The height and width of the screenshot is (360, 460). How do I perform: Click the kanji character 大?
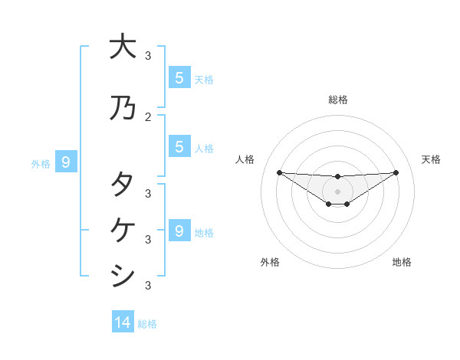tap(122, 47)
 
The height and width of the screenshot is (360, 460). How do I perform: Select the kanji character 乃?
tap(122, 108)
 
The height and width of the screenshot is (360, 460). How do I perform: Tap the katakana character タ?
tap(122, 185)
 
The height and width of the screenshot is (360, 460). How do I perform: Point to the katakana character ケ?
tap(122, 230)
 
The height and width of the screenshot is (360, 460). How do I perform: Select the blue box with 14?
tap(123, 322)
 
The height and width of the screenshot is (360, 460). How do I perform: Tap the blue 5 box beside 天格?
tap(179, 77)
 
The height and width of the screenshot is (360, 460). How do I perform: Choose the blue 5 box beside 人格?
tap(179, 146)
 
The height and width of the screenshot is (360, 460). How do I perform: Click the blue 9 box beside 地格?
tap(179, 231)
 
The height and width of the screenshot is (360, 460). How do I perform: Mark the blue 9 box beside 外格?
tap(66, 162)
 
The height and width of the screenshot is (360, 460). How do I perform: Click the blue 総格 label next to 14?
tap(147, 324)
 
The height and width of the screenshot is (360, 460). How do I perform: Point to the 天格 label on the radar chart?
tap(432, 159)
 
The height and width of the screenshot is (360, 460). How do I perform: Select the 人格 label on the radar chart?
tap(245, 159)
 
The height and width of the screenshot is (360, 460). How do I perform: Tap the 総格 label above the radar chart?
tap(338, 100)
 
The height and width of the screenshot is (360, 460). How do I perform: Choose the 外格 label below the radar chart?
tap(270, 262)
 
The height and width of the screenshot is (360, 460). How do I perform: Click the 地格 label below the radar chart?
tap(402, 262)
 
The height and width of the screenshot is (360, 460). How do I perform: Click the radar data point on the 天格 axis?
tap(396, 172)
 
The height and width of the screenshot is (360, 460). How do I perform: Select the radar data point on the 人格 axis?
tap(279, 172)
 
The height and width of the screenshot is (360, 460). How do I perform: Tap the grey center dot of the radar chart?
tap(338, 191)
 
